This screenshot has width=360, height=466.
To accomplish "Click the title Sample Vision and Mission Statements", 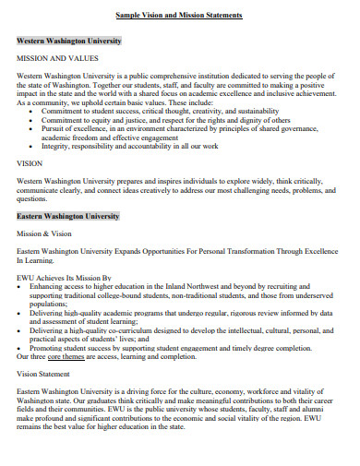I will tap(179, 17).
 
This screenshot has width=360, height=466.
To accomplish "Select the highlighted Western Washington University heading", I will tap(68, 42).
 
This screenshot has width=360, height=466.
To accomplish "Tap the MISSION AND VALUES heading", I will tap(58, 57).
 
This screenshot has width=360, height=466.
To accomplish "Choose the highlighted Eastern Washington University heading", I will tap(67, 215).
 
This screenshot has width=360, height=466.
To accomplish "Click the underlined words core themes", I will tap(78, 355).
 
